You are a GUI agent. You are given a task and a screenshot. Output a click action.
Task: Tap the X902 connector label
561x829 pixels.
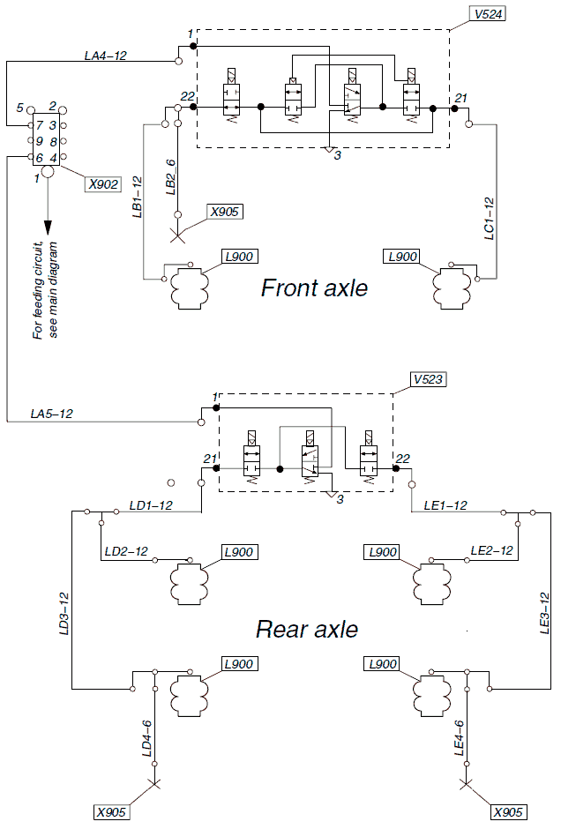(102, 184)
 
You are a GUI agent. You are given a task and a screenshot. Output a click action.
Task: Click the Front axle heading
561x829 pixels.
(314, 288)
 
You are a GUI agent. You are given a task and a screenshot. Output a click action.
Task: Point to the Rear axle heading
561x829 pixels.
(307, 630)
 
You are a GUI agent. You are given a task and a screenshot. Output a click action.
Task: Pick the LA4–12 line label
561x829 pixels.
(106, 56)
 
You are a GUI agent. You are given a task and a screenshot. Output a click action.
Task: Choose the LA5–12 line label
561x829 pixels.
(52, 413)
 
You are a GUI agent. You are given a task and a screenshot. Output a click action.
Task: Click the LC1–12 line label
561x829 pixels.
(489, 218)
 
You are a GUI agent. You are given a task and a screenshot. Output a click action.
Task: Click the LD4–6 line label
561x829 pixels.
(147, 737)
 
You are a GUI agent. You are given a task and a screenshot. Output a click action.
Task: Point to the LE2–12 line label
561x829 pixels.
(492, 550)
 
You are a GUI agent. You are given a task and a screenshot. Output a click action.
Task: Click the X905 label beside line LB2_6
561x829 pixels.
(224, 212)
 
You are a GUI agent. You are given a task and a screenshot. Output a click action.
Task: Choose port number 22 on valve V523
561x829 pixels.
(403, 458)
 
